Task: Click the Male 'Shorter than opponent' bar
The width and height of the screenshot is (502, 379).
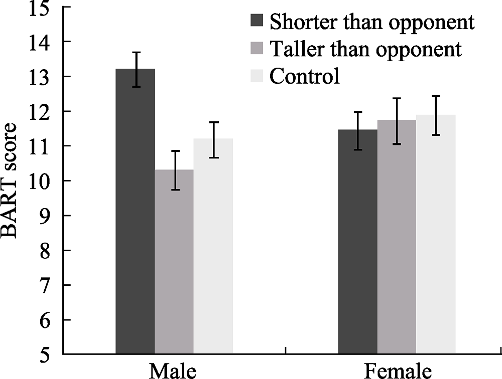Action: (135, 211)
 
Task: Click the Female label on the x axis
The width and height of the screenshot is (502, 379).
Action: (397, 371)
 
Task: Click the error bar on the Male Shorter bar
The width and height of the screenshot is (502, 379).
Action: (136, 69)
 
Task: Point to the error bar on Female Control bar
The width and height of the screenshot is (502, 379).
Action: (436, 115)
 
